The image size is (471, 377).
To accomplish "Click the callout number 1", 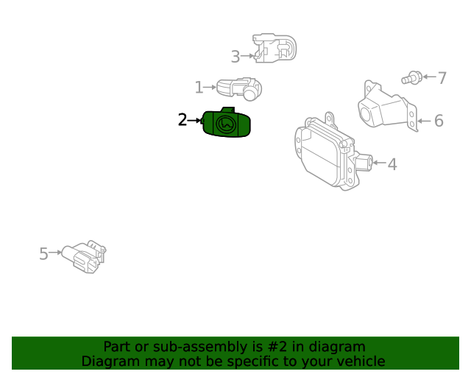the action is point(199,87).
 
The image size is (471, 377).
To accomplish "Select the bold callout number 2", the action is point(183,120).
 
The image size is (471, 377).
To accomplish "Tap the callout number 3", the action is point(235,57).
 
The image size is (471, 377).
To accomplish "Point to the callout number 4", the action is point(392,164).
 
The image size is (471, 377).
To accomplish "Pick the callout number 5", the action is point(43,253).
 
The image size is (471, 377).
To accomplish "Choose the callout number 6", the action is point(439,121).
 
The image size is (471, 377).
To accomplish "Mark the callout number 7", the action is point(442,78).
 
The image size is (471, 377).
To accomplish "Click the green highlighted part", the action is point(226,123).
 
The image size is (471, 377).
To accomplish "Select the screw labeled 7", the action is point(412,78).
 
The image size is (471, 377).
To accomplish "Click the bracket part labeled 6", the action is point(388,105).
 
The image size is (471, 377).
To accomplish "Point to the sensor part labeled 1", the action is point(239,88).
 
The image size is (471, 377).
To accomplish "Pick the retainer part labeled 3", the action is point(275,48).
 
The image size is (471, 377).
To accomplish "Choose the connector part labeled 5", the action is point(84,256).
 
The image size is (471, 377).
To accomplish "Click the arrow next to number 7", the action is point(430,77).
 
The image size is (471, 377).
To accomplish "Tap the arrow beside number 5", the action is point(55,253).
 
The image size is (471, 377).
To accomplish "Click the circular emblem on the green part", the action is point(226,124).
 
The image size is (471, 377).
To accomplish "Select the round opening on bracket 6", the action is point(365,114).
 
